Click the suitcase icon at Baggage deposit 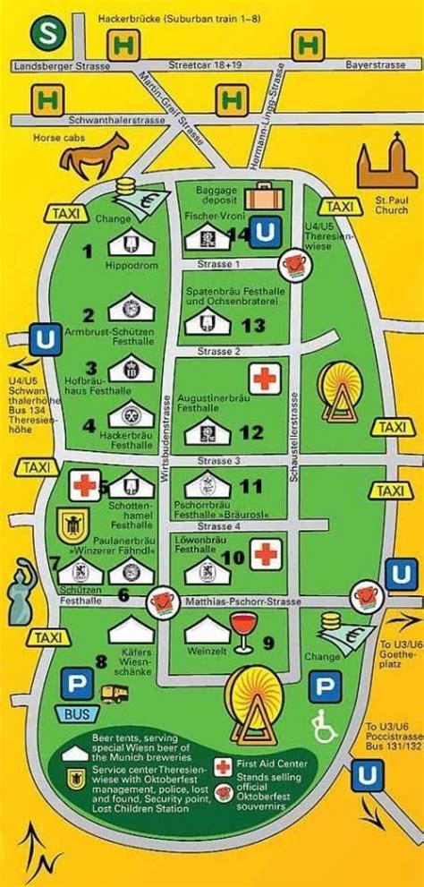coord(260,198)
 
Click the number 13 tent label coord(253,326)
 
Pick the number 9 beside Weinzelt coord(267,641)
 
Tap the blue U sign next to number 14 coord(265,233)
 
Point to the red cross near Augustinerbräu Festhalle coord(261,378)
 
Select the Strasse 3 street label coord(225,461)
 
